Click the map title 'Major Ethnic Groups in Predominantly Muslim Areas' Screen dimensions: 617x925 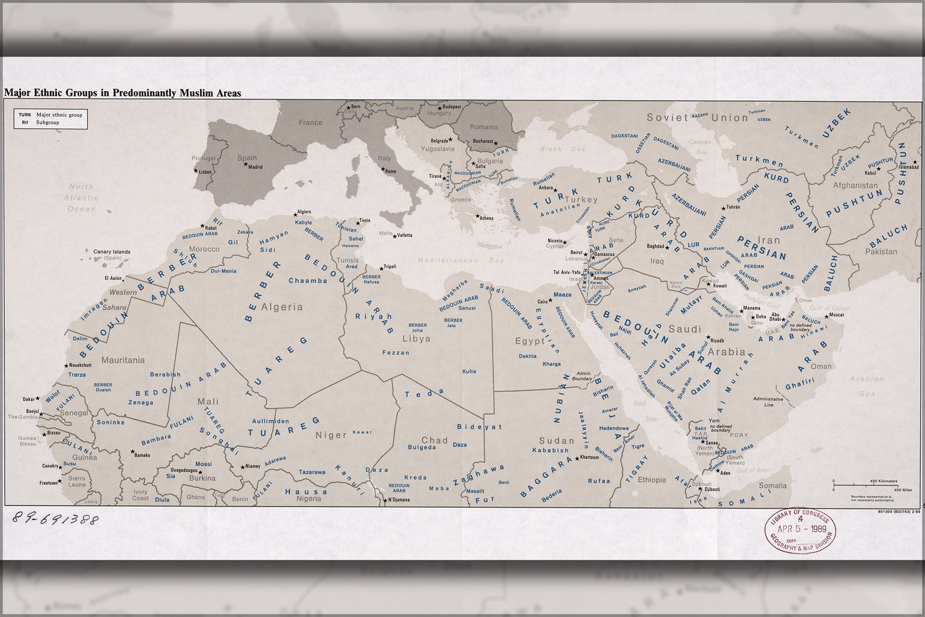point(122,93)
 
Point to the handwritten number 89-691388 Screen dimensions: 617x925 point(55,520)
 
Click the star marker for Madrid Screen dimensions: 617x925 point(246,164)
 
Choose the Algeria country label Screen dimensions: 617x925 point(282,307)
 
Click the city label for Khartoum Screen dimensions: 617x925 point(589,458)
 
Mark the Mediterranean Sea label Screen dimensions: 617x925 point(460,260)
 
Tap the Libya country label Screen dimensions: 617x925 point(416,339)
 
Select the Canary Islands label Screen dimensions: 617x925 point(112,252)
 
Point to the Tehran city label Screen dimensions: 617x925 point(733,207)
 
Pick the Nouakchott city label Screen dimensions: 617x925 point(80,365)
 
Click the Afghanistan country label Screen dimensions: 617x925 point(855,185)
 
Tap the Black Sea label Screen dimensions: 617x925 point(562,149)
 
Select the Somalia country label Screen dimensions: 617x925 point(772,486)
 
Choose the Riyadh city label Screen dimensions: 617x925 point(716,341)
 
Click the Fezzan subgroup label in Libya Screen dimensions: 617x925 point(396,352)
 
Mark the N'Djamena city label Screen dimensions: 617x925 point(399,500)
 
